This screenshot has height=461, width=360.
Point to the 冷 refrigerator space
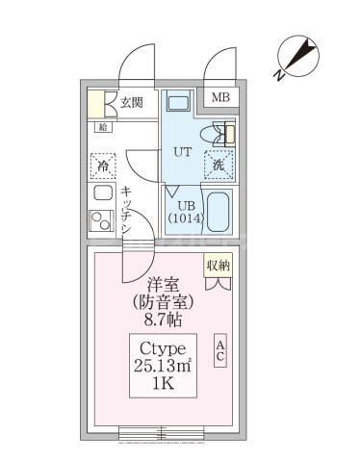(102, 165)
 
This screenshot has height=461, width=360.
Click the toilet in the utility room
(218, 135)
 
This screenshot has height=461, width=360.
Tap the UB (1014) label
(183, 211)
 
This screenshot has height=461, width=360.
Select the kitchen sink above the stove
(101, 192)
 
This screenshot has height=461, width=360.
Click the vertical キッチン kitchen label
(127, 210)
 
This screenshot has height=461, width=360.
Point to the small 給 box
(101, 127)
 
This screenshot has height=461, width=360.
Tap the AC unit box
(219, 350)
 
